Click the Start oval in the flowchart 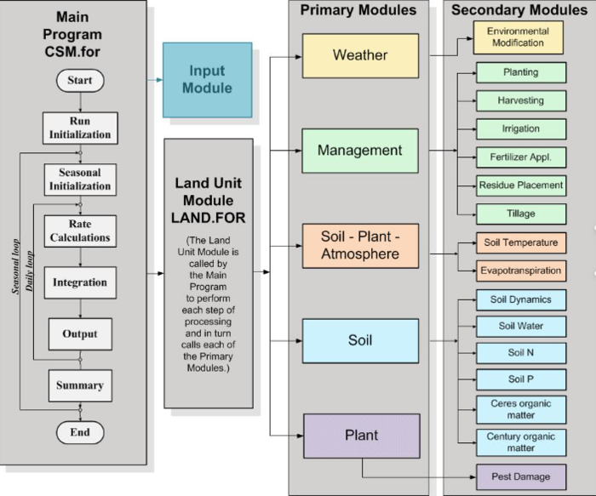(x=80, y=81)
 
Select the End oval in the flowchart (x=80, y=432)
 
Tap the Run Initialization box (x=79, y=128)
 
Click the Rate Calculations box (x=79, y=231)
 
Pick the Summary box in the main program (x=79, y=385)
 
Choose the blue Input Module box (x=197, y=79)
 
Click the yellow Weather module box (x=360, y=55)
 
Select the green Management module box (x=360, y=151)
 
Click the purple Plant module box (x=361, y=436)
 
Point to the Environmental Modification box (x=518, y=37)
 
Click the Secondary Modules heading (x=519, y=10)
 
